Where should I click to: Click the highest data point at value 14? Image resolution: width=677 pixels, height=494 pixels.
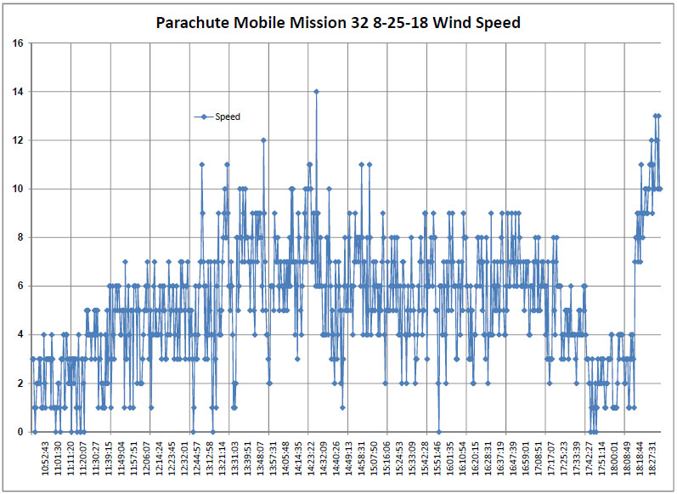tap(316, 91)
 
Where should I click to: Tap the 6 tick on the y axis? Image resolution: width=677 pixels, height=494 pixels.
tap(20, 286)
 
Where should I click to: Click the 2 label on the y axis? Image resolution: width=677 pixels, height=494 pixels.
tap(20, 383)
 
